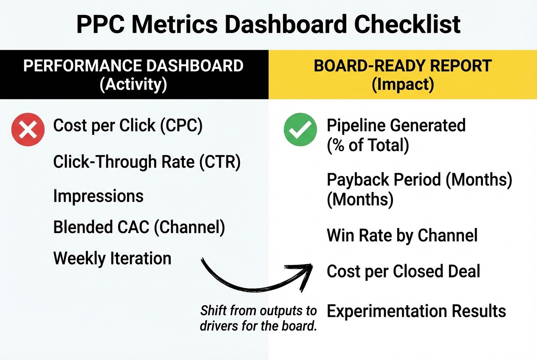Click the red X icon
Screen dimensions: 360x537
pyautogui.click(x=28, y=130)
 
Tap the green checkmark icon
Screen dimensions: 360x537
pyautogui.click(x=300, y=130)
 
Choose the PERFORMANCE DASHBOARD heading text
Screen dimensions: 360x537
pyautogui.click(x=133, y=66)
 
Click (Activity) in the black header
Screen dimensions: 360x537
pyautogui.click(x=133, y=84)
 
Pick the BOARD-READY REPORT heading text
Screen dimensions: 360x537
pyautogui.click(x=402, y=66)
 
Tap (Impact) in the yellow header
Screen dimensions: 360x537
pyautogui.click(x=402, y=84)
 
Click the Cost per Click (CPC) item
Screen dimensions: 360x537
pyautogui.click(x=127, y=126)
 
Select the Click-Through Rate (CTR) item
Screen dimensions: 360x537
pyautogui.click(x=147, y=162)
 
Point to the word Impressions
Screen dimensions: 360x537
pyautogui.click(x=98, y=196)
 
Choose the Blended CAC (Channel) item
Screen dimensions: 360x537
pyautogui.click(x=139, y=228)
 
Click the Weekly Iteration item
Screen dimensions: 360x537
pyautogui.click(x=112, y=259)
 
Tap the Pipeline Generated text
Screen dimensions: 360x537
pyautogui.click(x=396, y=126)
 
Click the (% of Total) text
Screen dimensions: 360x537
pyautogui.click(x=368, y=145)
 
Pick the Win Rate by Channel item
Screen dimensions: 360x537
pyautogui.click(x=402, y=236)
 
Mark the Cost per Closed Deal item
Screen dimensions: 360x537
pyautogui.click(x=403, y=271)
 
